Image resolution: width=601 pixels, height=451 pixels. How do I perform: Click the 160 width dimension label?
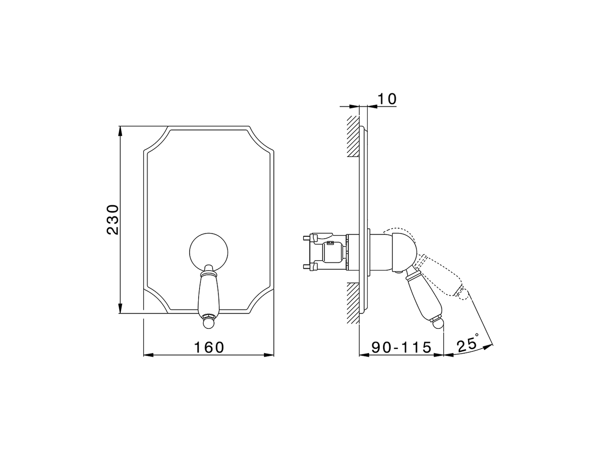(x=209, y=348)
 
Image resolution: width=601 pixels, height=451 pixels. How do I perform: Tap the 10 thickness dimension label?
(x=388, y=99)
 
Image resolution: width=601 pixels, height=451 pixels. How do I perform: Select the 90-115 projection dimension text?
(x=401, y=348)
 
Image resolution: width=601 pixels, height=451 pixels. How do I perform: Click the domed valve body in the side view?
(x=397, y=251)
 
